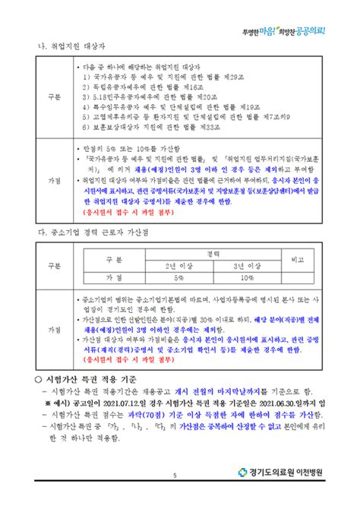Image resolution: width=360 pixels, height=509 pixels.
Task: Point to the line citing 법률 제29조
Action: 159,76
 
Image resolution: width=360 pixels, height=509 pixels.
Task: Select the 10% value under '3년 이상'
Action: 247,277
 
